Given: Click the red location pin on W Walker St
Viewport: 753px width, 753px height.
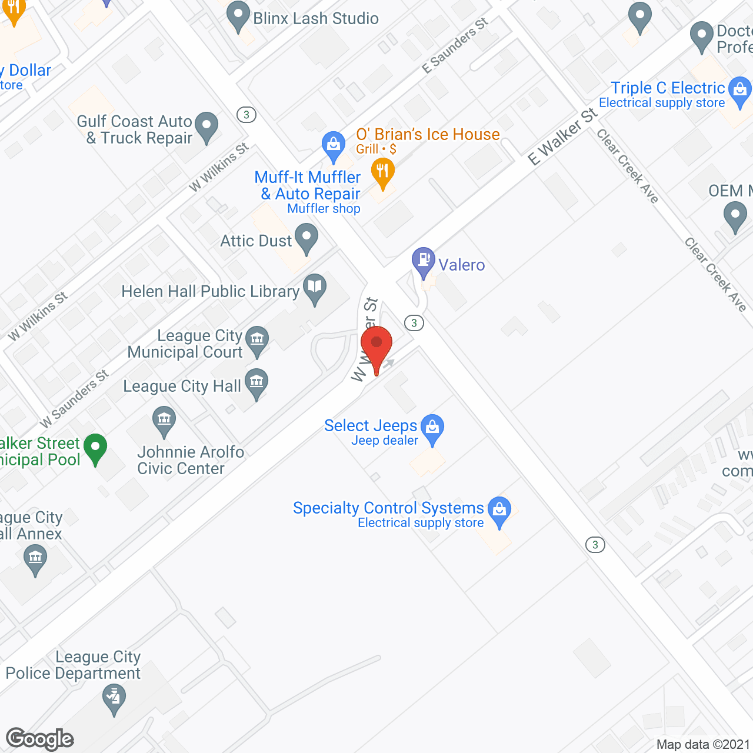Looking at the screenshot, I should [x=376, y=344].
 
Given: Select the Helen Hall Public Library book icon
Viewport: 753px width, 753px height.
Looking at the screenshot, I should [x=315, y=288].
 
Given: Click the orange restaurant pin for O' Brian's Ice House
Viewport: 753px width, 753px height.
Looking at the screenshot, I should [x=383, y=172].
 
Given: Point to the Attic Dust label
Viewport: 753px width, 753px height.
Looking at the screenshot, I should [x=256, y=241].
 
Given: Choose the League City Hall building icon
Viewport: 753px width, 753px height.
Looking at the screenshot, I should [x=256, y=382].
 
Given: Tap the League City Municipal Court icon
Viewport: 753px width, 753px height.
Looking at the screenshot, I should [x=257, y=340].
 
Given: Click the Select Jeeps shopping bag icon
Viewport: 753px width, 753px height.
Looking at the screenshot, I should [x=432, y=428].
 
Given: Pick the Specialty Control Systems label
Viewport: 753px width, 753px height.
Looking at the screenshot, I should [x=388, y=508].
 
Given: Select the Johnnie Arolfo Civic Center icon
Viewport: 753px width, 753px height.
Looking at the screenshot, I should [x=164, y=420].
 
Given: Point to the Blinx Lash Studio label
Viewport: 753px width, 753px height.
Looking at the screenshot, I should [x=316, y=18].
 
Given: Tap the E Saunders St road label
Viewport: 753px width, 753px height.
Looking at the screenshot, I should [x=455, y=46].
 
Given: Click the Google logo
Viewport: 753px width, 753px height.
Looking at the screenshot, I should [x=40, y=739].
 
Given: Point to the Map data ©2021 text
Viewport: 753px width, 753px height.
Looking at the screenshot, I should [x=703, y=745].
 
